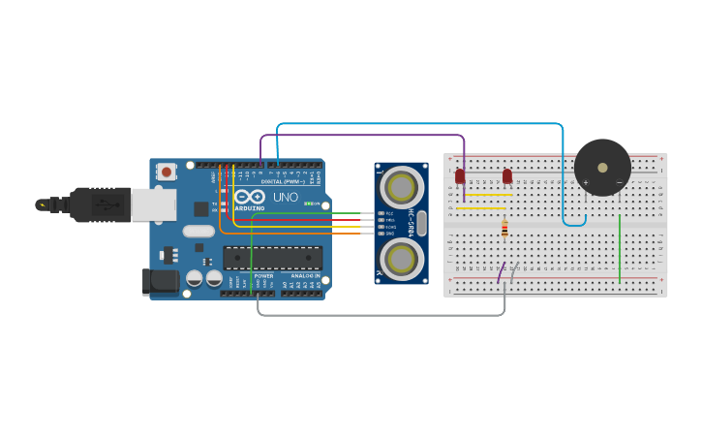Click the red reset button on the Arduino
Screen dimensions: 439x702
point(167,172)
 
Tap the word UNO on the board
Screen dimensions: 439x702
point(286,197)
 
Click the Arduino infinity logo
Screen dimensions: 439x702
point(249,196)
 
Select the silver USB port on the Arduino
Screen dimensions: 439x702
point(153,204)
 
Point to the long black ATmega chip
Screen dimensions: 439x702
point(272,257)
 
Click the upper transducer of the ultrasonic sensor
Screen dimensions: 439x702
point(401,186)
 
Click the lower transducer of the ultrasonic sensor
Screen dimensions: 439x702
point(401,259)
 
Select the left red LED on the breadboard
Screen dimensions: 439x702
point(460,176)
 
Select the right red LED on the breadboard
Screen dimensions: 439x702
point(507,176)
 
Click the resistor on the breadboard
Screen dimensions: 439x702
point(504,230)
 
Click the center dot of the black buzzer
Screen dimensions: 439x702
point(602,167)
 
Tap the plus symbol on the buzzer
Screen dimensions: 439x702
point(586,182)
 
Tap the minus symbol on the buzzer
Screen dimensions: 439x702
point(619,182)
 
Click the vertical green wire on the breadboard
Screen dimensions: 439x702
point(620,248)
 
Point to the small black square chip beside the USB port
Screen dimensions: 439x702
point(200,208)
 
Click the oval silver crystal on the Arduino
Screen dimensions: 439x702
point(198,231)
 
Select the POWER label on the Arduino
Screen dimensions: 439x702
point(263,276)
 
